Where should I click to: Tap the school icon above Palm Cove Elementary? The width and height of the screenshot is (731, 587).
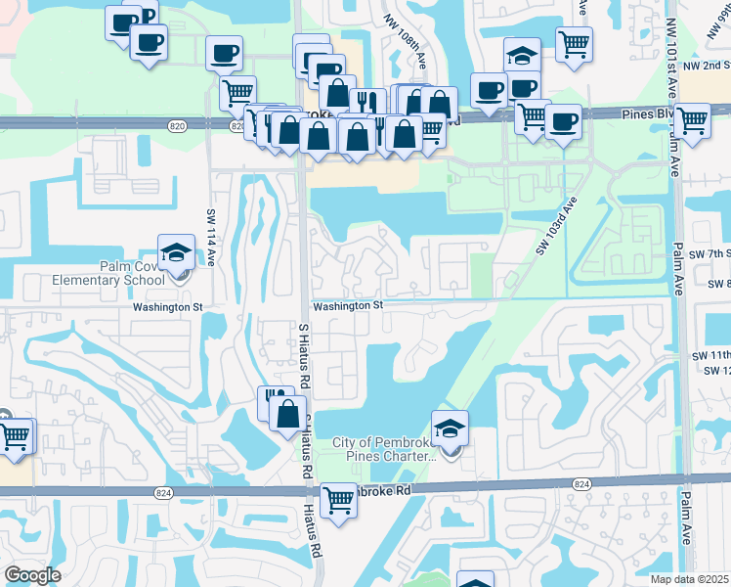click(177, 252)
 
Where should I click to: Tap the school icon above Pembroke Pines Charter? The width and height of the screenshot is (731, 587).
click(450, 429)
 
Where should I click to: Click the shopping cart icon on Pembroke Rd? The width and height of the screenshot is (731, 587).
click(338, 500)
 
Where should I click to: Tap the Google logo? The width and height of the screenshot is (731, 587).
click(32, 574)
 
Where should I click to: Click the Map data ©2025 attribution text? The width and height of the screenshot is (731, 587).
click(690, 579)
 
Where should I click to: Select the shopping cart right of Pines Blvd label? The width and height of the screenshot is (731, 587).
click(693, 121)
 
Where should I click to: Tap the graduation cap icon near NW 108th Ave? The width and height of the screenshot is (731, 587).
click(523, 55)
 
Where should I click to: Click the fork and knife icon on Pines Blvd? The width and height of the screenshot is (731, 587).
click(366, 102)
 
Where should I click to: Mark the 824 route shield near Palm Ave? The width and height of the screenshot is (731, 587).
click(581, 484)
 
